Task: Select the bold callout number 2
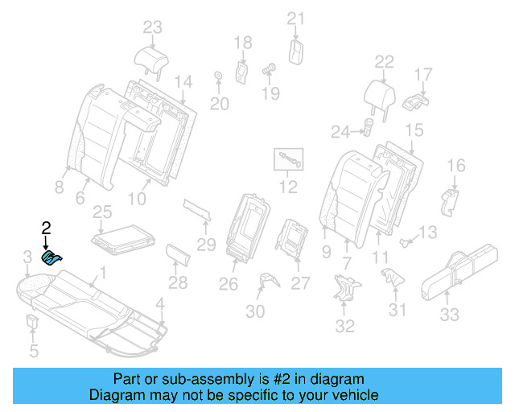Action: click(46, 228)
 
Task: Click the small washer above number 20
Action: click(218, 77)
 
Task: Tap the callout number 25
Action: click(101, 212)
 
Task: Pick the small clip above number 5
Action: click(33, 323)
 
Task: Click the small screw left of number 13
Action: click(406, 241)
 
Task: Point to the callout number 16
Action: click(455, 166)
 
